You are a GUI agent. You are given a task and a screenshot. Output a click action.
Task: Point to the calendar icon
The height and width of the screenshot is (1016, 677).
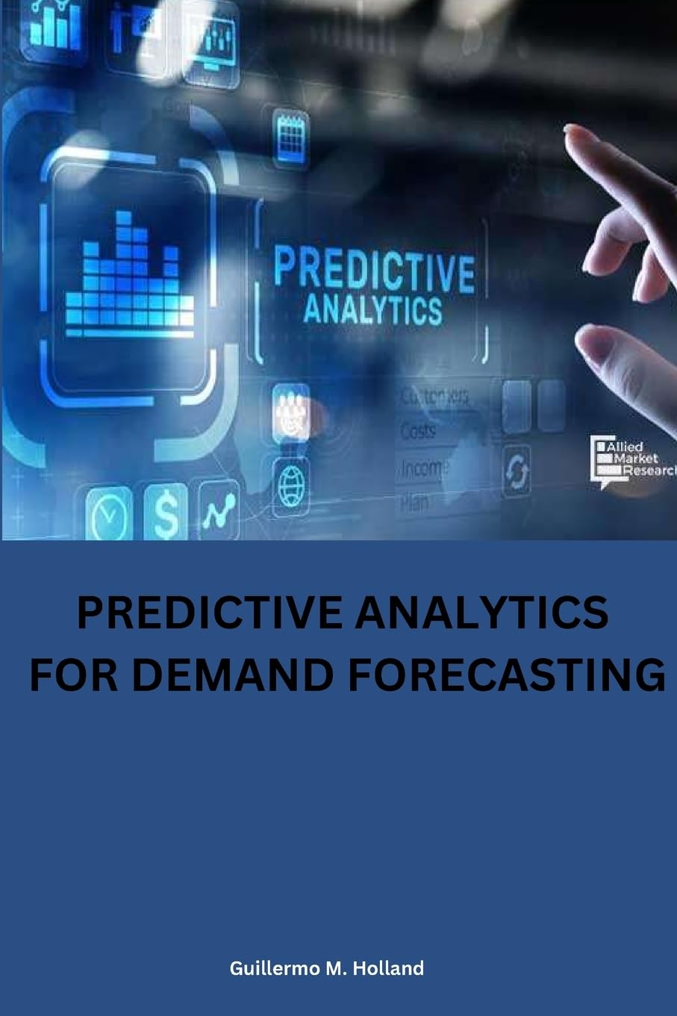pyautogui.click(x=290, y=137)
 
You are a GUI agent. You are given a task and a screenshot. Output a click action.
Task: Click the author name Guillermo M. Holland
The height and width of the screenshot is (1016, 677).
pyautogui.click(x=327, y=968)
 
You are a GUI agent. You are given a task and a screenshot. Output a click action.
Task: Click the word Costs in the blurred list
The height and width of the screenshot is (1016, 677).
pyautogui.click(x=419, y=431)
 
